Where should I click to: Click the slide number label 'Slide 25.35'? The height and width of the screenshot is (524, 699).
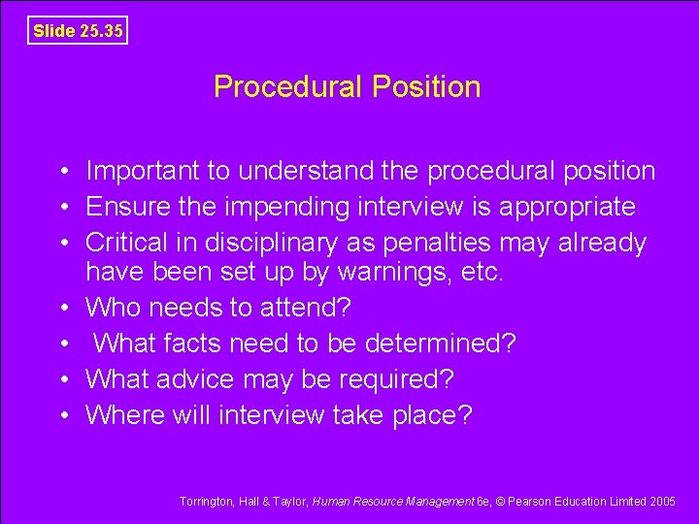pyautogui.click(x=78, y=30)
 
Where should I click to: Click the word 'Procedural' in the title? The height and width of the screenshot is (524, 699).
pyautogui.click(x=287, y=87)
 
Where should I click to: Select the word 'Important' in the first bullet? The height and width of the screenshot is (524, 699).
pyautogui.click(x=144, y=172)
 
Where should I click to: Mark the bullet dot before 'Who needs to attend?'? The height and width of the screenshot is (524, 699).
pyautogui.click(x=61, y=309)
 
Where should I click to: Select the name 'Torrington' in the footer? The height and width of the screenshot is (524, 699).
pyautogui.click(x=206, y=502)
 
